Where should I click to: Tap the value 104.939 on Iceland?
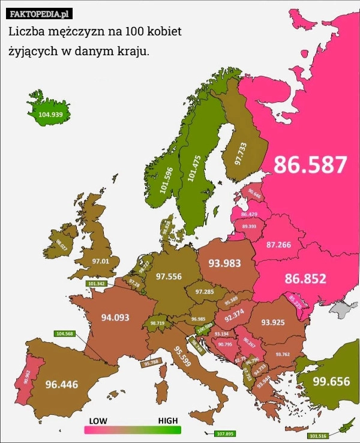click(50, 114)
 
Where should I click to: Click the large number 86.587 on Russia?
click(311, 164)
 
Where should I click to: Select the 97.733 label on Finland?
click(240, 154)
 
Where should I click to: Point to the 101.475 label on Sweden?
click(193, 168)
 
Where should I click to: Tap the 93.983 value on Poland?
click(224, 263)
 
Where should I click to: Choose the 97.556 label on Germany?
click(169, 276)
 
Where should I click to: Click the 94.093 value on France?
click(115, 318)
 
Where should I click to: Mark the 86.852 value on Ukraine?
click(305, 279)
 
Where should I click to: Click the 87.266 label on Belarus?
click(278, 245)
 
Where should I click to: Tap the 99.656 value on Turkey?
click(331, 381)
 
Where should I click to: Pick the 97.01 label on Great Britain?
click(101, 261)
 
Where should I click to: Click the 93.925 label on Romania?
click(273, 322)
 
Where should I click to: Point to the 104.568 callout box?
click(64, 334)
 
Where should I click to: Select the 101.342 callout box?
click(96, 283)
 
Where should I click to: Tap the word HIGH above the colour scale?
click(167, 421)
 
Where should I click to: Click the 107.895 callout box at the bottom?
click(224, 433)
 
